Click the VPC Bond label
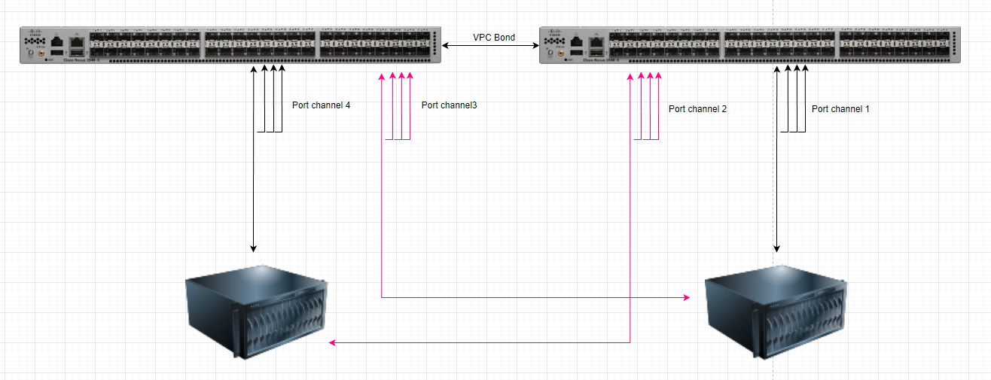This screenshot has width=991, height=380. (x=493, y=37)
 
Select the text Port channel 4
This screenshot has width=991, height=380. (x=321, y=105)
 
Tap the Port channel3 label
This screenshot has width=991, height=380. (x=449, y=105)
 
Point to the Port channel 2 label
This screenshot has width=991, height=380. (x=697, y=109)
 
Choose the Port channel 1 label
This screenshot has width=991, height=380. (x=840, y=109)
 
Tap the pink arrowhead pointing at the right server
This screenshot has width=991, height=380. (x=686, y=298)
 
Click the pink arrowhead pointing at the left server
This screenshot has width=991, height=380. (x=333, y=343)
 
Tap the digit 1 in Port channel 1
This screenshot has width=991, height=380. (x=867, y=109)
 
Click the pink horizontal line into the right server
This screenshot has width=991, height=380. (x=535, y=298)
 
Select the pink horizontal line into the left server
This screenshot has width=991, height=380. (x=482, y=343)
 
